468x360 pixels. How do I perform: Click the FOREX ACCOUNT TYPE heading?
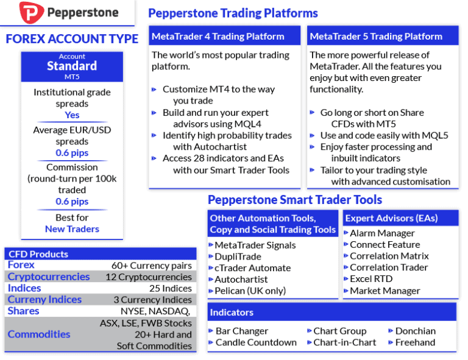pos(72,39)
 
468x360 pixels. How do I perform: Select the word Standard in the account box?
pos(72,66)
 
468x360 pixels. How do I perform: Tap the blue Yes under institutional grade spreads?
pos(72,115)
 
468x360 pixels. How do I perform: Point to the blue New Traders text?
pos(72,229)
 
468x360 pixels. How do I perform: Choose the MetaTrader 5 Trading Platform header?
pos(376,37)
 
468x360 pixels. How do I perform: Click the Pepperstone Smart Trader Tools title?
pos(295,200)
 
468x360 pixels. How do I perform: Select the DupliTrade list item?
pos(238,256)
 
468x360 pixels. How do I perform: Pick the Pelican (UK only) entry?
pos(250,291)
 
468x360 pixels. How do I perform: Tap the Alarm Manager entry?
pos(382,233)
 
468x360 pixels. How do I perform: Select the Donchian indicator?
pos(415,331)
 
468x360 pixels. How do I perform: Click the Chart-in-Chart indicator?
pos(345,342)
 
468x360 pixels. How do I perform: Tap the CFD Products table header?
pos(38,254)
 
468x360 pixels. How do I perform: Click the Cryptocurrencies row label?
pos(49,277)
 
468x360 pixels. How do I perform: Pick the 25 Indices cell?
pos(170,288)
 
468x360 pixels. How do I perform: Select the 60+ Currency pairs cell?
pos(151,265)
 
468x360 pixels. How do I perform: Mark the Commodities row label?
pos(39,334)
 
